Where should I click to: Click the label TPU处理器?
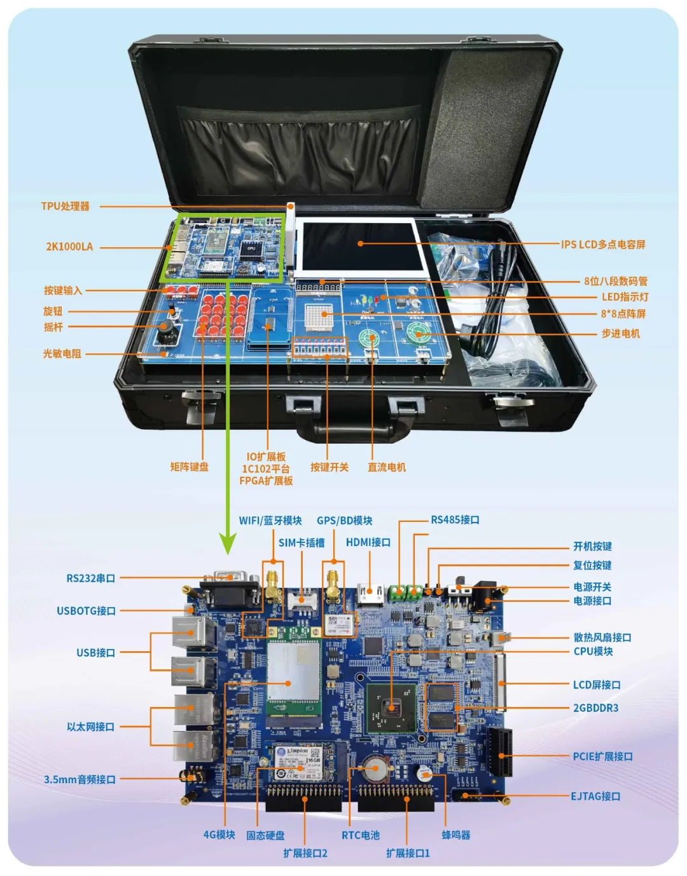66,207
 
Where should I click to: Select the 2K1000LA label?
69,247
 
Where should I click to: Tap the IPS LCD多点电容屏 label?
603,245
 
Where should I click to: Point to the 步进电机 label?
621,334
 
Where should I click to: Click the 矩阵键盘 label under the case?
190,467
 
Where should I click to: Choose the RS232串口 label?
91,578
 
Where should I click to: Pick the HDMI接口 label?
368,542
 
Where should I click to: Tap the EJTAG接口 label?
595,796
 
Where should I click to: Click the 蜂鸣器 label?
456,835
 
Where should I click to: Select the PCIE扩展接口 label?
603,756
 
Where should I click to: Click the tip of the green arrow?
227,552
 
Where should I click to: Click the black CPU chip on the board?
391,708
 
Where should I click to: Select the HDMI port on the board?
370,594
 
